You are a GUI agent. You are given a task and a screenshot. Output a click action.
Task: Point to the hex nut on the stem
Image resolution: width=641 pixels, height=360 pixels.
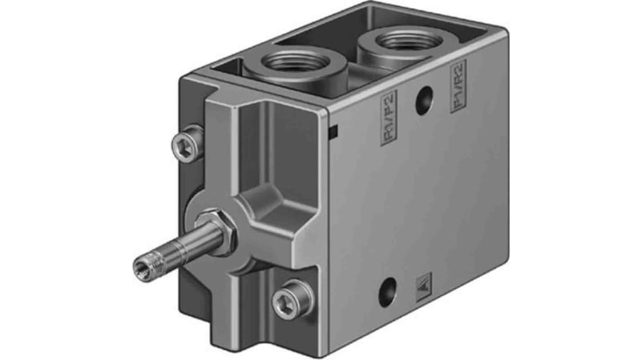(x=217, y=225)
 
